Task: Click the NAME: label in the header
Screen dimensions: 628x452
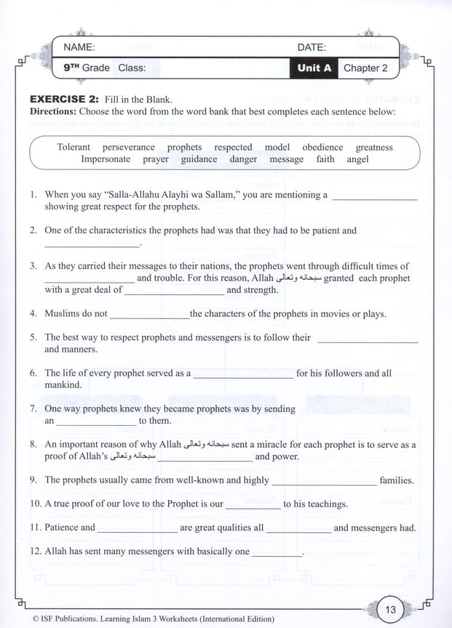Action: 79,47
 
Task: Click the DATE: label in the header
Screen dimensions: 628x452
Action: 312,47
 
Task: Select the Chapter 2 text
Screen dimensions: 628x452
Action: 365,68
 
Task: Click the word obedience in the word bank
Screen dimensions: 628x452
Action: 323,148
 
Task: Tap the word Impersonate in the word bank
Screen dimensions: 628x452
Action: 106,159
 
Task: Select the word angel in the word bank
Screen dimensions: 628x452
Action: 358,159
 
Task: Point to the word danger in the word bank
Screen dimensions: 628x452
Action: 244,159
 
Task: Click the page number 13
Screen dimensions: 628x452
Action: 389,609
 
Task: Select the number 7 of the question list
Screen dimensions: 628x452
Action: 33,409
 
